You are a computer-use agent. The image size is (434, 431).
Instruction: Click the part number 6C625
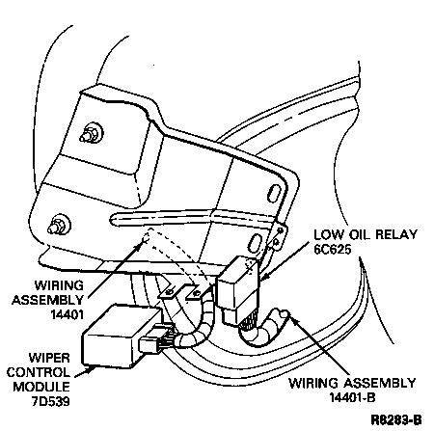[x=333, y=250]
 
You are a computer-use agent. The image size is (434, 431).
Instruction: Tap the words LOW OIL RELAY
[x=366, y=234]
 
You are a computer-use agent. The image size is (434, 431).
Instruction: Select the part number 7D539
[x=50, y=401]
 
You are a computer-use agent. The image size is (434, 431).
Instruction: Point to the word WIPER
[x=49, y=358]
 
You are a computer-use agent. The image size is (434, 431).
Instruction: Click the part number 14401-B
[x=352, y=398]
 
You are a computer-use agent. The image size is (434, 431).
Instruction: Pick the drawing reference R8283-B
[x=396, y=419]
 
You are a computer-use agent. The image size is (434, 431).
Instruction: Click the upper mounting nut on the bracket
[x=92, y=133]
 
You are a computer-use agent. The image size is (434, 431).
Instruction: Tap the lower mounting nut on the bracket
[x=59, y=225]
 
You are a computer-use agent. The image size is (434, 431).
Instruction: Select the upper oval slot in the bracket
[x=273, y=194]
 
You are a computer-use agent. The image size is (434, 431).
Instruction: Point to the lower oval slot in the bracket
[x=256, y=244]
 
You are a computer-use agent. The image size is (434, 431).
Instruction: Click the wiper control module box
[x=122, y=336]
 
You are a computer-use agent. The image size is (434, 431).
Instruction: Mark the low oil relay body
[x=238, y=286]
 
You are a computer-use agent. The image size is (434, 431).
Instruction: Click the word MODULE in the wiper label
[x=41, y=387]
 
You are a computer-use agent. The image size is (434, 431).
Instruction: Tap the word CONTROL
[x=39, y=372]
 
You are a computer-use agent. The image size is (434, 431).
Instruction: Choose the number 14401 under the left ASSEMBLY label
[x=67, y=314]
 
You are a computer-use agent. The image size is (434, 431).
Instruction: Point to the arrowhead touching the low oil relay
[x=263, y=276]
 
